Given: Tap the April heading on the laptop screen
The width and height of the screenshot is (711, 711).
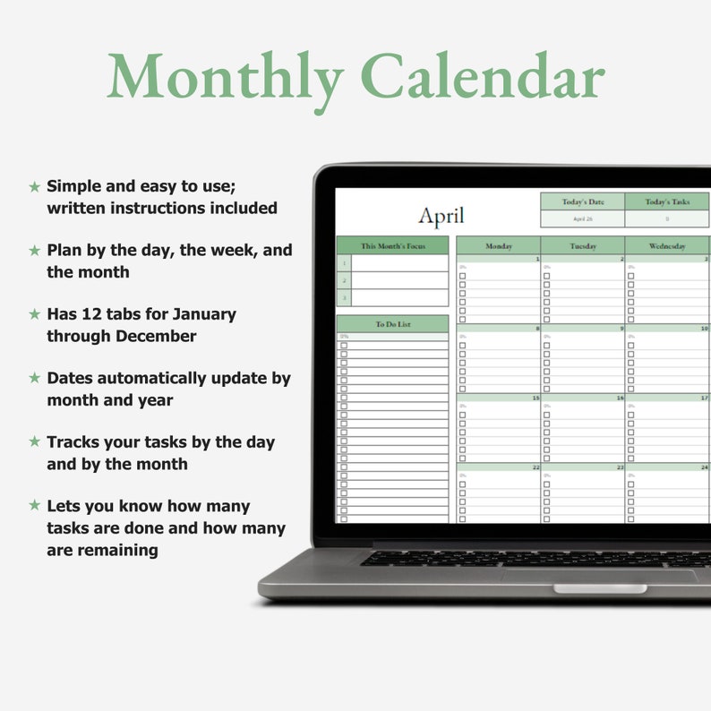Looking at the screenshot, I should (441, 217).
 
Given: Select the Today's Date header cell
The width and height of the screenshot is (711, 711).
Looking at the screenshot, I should (583, 202).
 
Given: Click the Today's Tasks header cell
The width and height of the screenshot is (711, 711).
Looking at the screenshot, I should (667, 202).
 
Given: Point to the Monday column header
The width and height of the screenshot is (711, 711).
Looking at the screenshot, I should (498, 245).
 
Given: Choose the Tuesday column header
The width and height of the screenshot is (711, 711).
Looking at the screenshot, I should (583, 245).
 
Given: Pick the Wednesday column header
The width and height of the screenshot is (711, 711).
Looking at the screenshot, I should (667, 245).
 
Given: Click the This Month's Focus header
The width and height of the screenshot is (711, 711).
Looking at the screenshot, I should (392, 245).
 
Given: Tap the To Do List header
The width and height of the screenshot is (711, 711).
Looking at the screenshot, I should (392, 324).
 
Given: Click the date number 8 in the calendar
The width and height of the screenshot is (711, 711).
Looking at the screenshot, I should (536, 329).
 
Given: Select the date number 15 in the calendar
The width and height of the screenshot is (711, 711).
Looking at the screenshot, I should (535, 398).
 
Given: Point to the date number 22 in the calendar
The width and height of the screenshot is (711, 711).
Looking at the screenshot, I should (535, 467).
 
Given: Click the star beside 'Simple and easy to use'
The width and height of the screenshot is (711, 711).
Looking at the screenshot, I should (35, 186).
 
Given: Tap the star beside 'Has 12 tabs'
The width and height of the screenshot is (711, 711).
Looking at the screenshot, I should (35, 314).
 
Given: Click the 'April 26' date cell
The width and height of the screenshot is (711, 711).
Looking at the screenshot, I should (583, 218).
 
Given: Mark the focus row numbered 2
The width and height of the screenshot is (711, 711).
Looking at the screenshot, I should (344, 280).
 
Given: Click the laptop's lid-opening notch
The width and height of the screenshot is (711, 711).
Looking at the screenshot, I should (599, 588).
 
